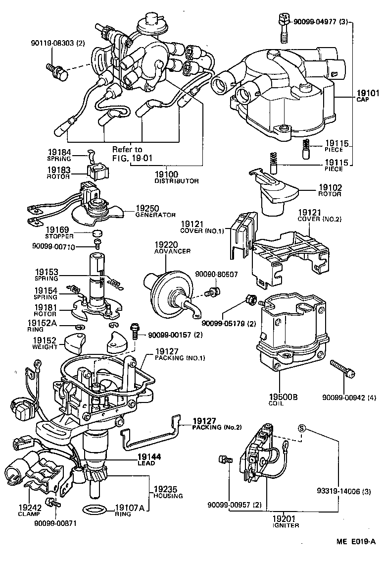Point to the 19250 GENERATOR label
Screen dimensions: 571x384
click(156, 212)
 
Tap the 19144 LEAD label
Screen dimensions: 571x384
click(146, 459)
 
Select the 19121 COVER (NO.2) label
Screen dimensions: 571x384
click(320, 216)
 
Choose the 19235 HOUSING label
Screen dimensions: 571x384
click(168, 492)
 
